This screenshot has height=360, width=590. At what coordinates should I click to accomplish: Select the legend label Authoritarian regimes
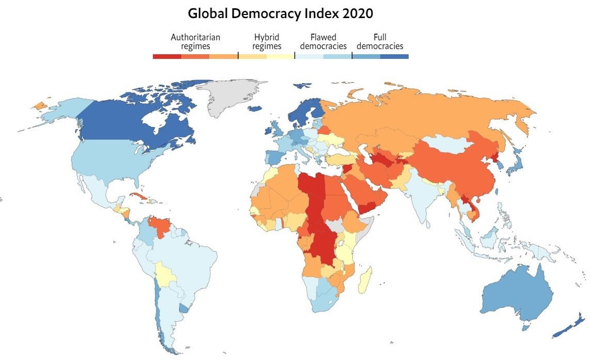pos(195,41)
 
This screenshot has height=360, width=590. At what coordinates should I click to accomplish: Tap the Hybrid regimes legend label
pos(267,41)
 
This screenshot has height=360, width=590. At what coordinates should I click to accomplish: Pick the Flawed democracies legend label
pos(323,41)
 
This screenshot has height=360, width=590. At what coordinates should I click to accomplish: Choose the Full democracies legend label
pos(380,41)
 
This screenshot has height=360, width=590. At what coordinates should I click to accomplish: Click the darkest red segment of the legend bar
pos(167,56)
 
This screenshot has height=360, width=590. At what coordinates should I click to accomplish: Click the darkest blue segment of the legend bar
pos(394,56)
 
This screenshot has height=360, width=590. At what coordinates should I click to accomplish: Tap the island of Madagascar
pos(365,282)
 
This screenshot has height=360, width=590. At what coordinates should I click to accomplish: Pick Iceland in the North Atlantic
pos(255,108)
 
